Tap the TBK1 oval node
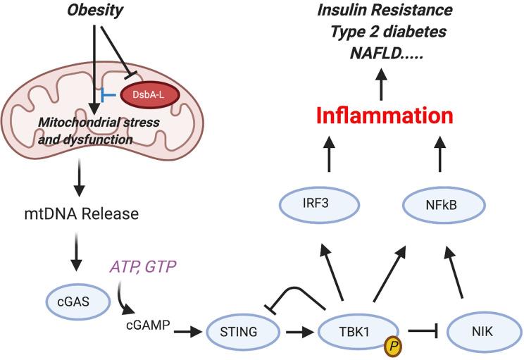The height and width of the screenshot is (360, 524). click(x=359, y=328)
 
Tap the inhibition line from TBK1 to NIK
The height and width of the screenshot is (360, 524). click(x=427, y=329)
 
